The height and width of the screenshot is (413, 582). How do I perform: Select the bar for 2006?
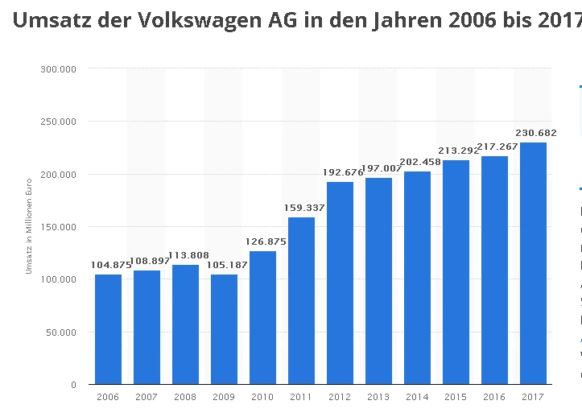108,329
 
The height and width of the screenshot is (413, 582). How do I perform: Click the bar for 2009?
224,329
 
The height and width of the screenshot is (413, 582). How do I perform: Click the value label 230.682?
535,133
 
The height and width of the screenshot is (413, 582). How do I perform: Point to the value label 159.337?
303,208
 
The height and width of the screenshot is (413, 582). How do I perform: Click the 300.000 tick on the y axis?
58,69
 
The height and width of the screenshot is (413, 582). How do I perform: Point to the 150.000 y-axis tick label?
58,227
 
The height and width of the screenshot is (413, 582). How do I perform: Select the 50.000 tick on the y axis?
60,332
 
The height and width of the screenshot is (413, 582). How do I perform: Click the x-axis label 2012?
340,397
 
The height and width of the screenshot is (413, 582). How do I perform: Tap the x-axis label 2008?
185,397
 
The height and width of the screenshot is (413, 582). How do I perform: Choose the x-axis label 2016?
494,397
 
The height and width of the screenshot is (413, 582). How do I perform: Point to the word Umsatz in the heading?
50,21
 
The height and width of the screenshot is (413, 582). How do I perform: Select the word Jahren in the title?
407,21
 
